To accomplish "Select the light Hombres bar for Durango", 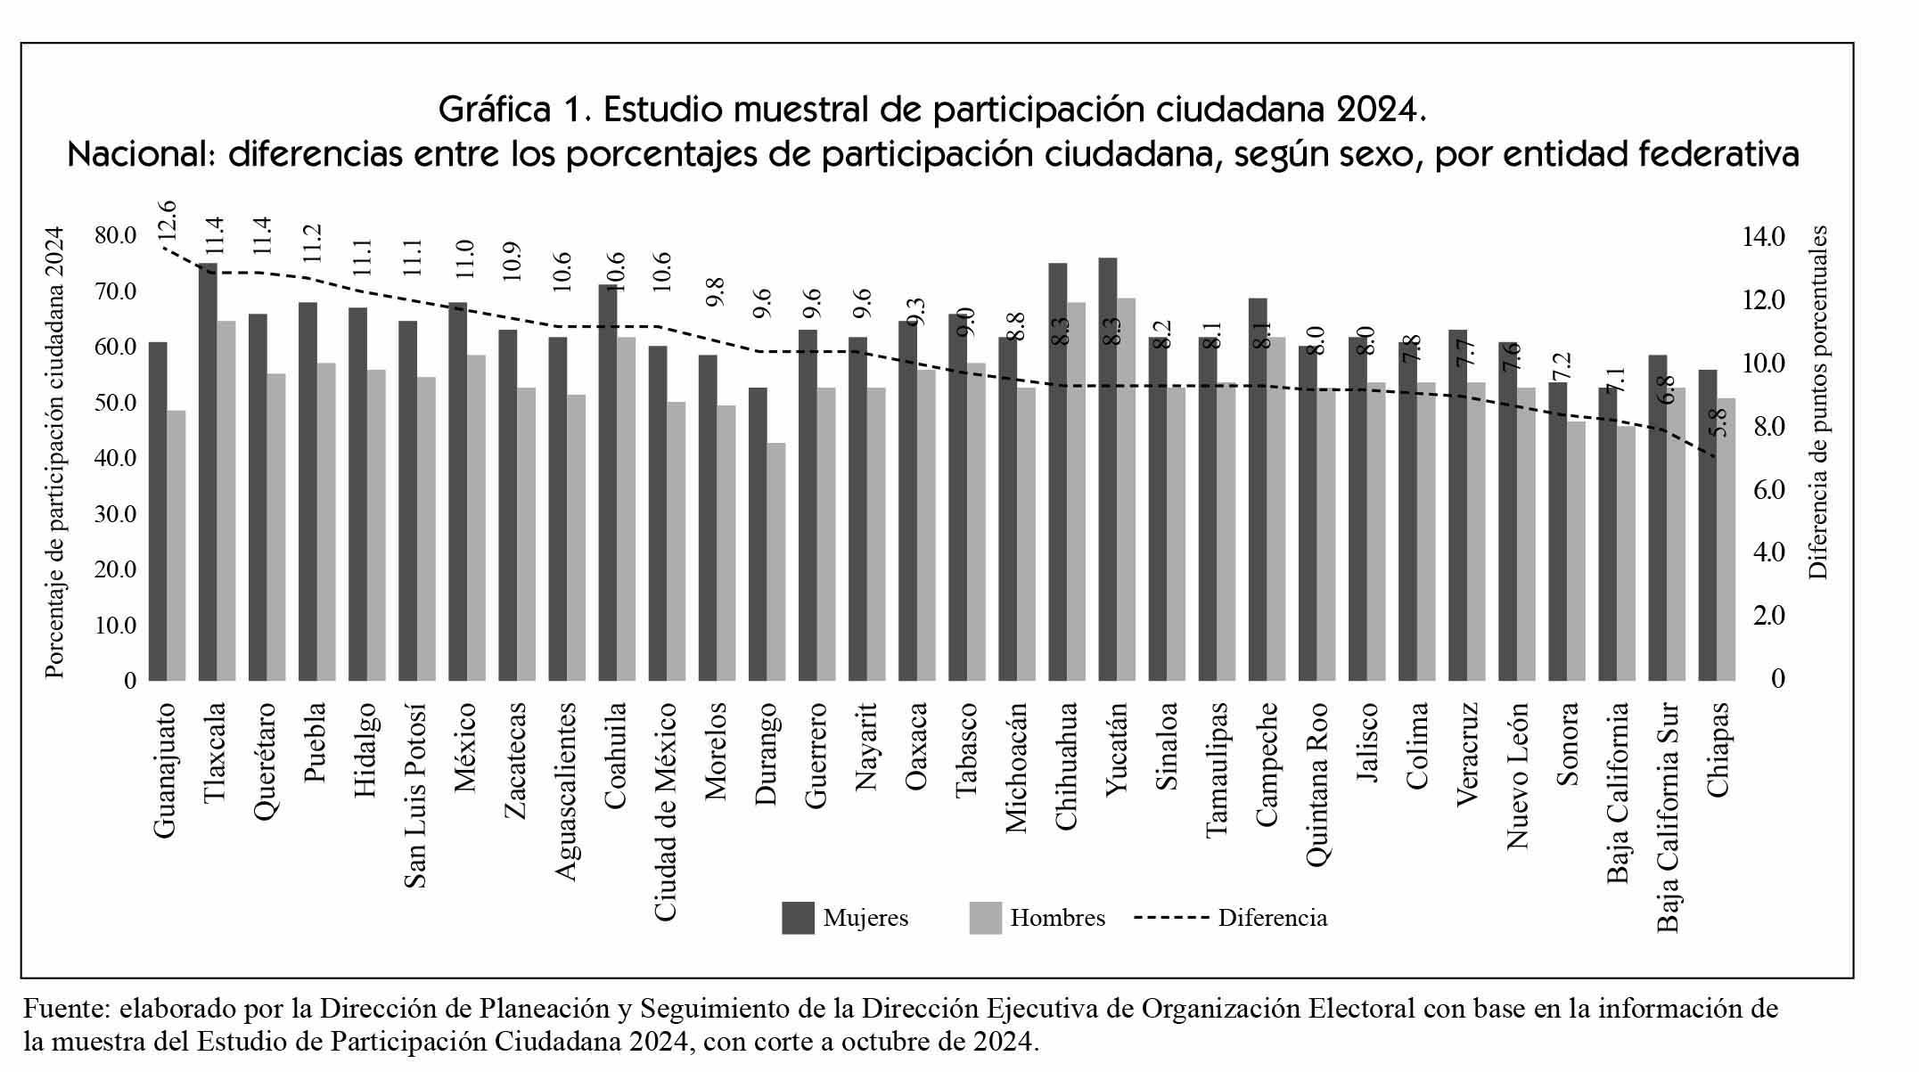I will [775, 561].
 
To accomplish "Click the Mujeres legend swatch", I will [798, 918].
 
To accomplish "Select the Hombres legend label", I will [1057, 918].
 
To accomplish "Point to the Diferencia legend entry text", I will [1272, 918].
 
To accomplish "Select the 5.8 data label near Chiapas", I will [1719, 421].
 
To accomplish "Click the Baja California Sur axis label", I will [1668, 817].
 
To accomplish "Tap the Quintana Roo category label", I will [1317, 784].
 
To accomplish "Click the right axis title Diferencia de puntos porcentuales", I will [1819, 403].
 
